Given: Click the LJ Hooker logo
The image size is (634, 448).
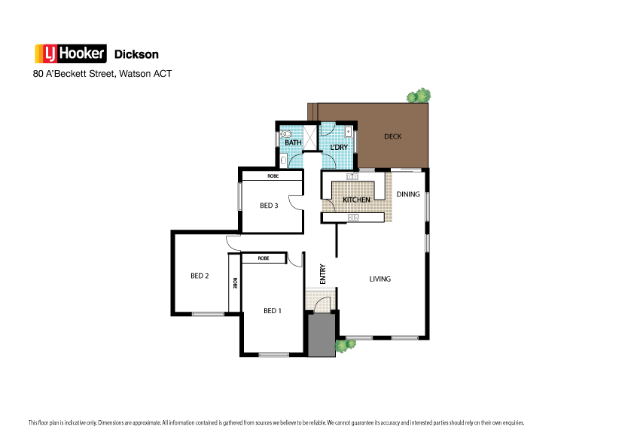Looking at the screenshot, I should pos(71,53).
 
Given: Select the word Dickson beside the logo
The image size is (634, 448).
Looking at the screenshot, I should pos(136,54).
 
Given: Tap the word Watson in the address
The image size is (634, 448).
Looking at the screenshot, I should pos(136,74).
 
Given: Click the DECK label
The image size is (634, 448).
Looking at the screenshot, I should pos(392,136).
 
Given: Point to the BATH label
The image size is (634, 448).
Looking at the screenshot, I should pos(293,142).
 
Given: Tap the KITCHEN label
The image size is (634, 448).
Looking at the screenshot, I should pos(357,200).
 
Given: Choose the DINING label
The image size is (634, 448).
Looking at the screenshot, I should pos(408,194).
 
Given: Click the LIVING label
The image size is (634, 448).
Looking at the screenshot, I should pos(379,279).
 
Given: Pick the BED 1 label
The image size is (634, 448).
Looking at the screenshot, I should pos(272,310).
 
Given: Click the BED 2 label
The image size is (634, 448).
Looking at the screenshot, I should pos(199,276).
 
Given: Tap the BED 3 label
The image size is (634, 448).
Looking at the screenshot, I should pos(270,205).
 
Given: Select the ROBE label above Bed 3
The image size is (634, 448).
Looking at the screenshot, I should pos(272,176).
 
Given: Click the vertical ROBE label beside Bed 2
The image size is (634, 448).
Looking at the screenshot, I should pos(235,283).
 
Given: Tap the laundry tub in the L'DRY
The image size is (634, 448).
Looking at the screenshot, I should pos(349,132).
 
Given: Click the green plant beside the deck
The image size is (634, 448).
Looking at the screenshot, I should pos(419,96).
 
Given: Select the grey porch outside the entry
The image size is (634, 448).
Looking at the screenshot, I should pos(322,336).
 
